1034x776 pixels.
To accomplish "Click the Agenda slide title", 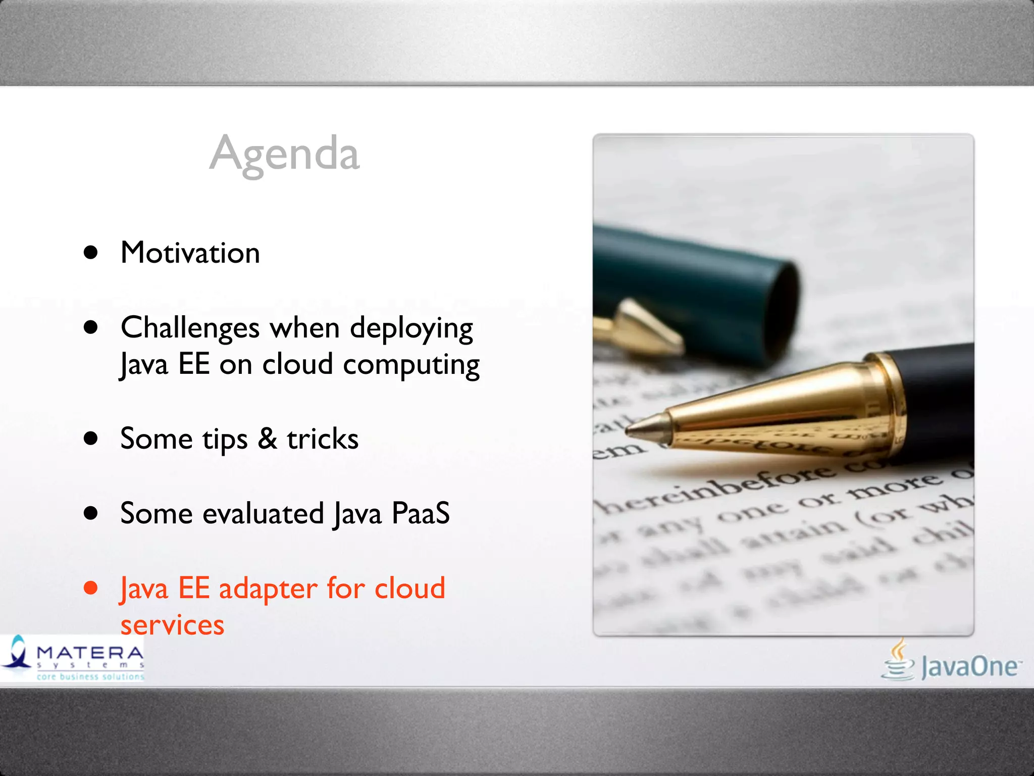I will click(284, 154).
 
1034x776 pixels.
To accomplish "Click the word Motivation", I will click(190, 253).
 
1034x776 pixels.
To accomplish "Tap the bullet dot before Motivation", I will click(91, 253).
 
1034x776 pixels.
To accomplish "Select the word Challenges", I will click(190, 328).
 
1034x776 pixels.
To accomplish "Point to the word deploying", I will click(411, 329).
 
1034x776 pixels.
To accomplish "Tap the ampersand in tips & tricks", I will click(267, 439).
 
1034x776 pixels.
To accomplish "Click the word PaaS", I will click(420, 513).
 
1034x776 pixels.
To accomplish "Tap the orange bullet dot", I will click(91, 588).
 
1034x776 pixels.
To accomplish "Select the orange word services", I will click(172, 625).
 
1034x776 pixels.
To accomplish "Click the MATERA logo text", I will click(90, 653).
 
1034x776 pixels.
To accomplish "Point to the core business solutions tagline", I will click(90, 676).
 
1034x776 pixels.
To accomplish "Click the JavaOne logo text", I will click(968, 667).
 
